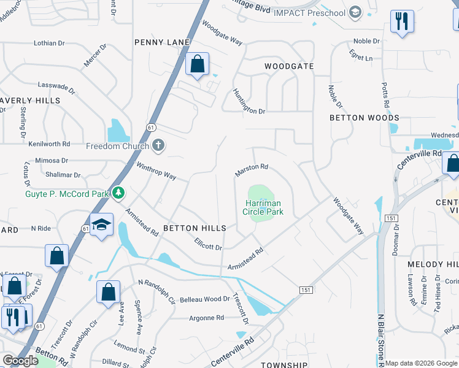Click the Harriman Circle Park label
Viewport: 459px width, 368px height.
pyautogui.click(x=263, y=207)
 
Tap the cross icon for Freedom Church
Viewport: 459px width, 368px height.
pyautogui.click(x=158, y=146)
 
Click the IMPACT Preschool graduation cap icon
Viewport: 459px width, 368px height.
pyautogui.click(x=355, y=12)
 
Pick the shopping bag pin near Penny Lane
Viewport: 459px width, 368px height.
pyautogui.click(x=197, y=64)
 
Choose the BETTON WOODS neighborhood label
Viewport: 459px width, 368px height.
pyautogui.click(x=364, y=118)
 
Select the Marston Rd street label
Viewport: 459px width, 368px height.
pyautogui.click(x=252, y=170)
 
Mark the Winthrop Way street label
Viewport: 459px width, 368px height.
pyautogui.click(x=156, y=172)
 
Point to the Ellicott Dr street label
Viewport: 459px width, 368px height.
pyautogui.click(x=207, y=244)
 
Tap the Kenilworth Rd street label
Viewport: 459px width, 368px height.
pyautogui.click(x=49, y=144)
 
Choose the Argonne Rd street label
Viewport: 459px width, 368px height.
pyautogui.click(x=206, y=318)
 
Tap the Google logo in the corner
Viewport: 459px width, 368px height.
pyautogui.click(x=20, y=361)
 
